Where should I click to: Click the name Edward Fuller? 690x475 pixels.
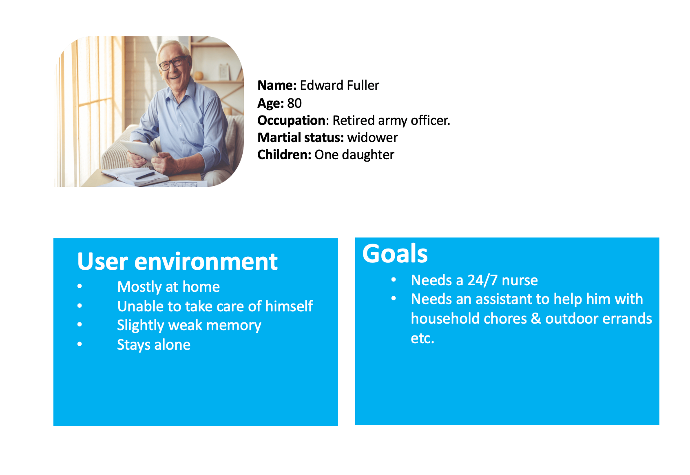(x=339, y=85)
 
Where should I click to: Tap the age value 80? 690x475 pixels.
(x=294, y=103)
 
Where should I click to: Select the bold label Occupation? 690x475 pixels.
(x=291, y=121)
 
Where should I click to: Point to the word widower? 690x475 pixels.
(x=372, y=138)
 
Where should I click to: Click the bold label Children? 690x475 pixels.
(x=284, y=155)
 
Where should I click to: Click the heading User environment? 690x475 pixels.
(x=177, y=262)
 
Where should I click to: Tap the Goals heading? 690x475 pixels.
(x=395, y=254)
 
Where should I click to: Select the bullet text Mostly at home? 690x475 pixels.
(x=168, y=287)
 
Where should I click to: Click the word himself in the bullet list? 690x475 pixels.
(x=289, y=306)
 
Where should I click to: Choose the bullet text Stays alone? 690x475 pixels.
(x=154, y=345)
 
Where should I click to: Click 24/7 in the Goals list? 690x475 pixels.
(x=482, y=280)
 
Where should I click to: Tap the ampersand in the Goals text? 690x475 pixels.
(x=536, y=318)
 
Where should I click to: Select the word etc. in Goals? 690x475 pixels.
(x=422, y=338)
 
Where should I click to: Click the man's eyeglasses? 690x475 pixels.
(x=174, y=63)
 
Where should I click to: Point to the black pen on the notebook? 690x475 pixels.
(x=145, y=175)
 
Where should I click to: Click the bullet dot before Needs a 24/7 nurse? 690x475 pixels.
(x=394, y=280)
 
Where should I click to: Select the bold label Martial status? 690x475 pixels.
(x=300, y=138)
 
